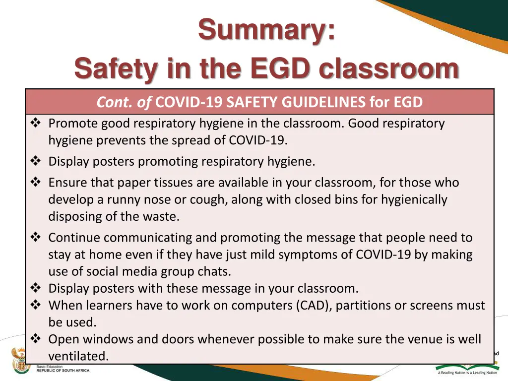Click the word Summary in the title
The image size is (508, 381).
(x=266, y=30)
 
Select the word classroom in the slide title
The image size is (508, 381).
(x=389, y=69)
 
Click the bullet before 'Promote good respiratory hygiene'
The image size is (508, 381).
(x=36, y=123)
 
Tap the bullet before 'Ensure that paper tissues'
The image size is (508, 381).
(x=36, y=183)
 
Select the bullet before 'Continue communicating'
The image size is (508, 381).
(x=36, y=238)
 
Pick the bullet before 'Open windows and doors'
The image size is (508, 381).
(x=36, y=339)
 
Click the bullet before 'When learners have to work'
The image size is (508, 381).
(x=36, y=305)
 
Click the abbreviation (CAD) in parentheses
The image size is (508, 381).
(x=314, y=306)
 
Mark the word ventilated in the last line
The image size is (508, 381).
(x=78, y=356)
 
